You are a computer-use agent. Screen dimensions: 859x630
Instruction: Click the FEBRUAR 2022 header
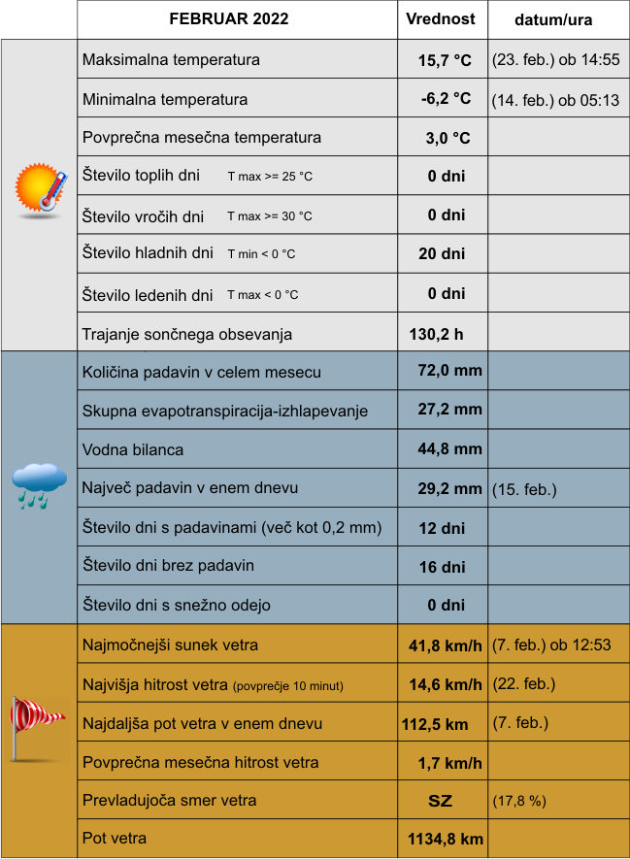tap(229, 19)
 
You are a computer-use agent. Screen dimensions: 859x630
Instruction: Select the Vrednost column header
tap(440, 19)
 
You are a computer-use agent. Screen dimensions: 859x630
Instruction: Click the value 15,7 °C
tap(445, 60)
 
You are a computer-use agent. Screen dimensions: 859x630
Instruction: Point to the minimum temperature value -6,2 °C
tap(446, 99)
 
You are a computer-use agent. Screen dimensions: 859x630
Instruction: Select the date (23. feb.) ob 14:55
tap(555, 60)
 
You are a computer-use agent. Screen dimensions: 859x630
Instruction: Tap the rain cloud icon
tap(39, 484)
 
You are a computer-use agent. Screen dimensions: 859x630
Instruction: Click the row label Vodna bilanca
tap(133, 449)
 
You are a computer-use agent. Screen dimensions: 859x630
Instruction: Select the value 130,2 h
tap(436, 334)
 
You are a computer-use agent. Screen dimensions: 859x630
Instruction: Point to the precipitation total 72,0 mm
tap(449, 371)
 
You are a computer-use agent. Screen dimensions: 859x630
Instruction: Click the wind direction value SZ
tap(441, 801)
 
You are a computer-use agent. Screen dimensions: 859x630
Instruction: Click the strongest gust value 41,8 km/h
tap(446, 644)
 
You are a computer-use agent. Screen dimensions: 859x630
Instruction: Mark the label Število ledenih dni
tap(148, 295)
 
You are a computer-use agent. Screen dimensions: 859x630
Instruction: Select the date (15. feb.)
tap(524, 489)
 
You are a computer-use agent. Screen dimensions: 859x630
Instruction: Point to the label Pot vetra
tap(116, 838)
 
